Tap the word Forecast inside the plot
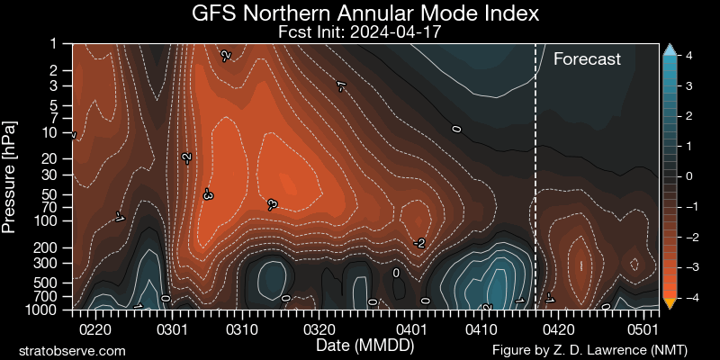587,60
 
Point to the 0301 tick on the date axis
172,329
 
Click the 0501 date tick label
643,329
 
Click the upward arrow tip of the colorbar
669,49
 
